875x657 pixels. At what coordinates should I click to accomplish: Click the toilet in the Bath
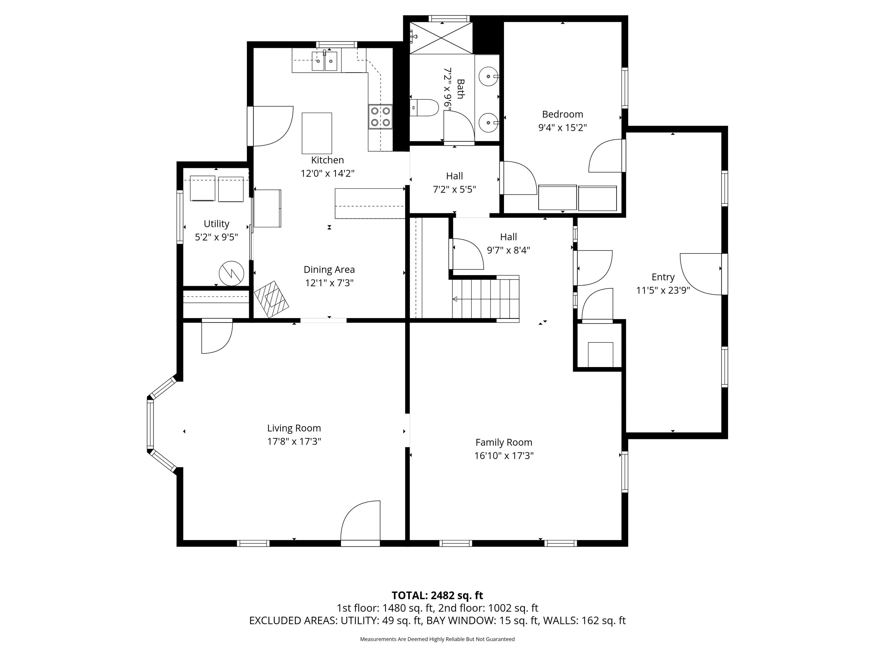tap(424, 108)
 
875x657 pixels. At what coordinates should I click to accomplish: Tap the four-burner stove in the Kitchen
tap(381, 117)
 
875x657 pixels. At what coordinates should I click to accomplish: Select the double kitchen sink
tap(324, 61)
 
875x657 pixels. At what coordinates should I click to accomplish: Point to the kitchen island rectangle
tap(317, 133)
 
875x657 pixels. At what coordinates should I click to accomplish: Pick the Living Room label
tap(294, 428)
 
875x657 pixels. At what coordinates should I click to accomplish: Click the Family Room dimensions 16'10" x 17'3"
tap(504, 456)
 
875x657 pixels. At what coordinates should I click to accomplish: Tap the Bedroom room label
tap(563, 114)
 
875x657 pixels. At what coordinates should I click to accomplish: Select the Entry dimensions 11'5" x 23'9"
tap(663, 290)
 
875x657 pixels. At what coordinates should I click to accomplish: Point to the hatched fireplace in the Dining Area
tap(271, 299)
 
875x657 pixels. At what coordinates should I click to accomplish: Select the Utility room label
tap(216, 224)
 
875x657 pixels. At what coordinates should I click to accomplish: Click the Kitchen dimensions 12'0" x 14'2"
tap(328, 173)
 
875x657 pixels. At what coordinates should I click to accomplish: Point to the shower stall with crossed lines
tap(441, 38)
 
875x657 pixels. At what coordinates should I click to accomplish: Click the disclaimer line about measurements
tap(437, 639)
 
